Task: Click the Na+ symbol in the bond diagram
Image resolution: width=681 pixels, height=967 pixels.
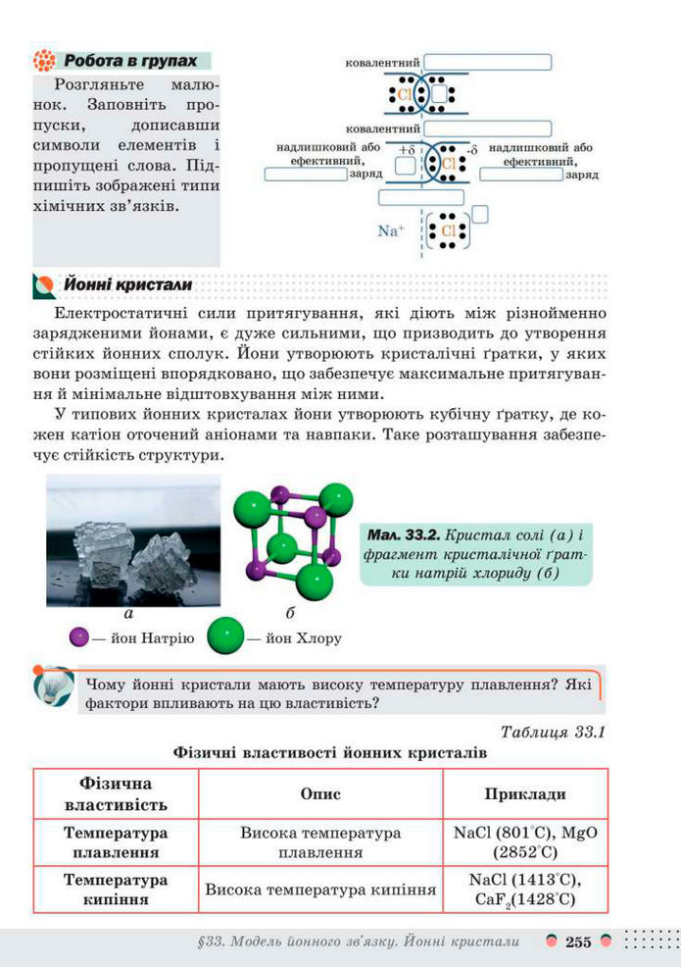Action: point(390,231)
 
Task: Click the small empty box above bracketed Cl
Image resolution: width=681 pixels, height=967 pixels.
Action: point(480,213)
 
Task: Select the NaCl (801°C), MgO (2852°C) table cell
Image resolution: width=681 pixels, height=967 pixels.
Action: point(525,841)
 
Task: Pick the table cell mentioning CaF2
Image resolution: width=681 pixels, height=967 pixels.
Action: point(525,889)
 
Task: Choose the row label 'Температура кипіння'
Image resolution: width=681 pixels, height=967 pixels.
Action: point(116,889)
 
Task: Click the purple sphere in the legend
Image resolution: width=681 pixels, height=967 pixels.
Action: point(79,637)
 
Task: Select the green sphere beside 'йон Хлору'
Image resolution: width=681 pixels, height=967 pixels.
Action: point(224,636)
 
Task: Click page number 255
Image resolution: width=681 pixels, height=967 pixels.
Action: point(578,942)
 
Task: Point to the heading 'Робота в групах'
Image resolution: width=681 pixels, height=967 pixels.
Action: point(131,61)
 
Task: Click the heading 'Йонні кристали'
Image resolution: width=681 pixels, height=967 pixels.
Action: point(127,284)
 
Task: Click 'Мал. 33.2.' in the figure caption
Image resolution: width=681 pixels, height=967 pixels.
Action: point(404,535)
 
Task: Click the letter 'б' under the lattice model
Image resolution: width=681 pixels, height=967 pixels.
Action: point(290,614)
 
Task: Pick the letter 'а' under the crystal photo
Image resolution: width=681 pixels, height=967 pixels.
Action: point(128,614)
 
